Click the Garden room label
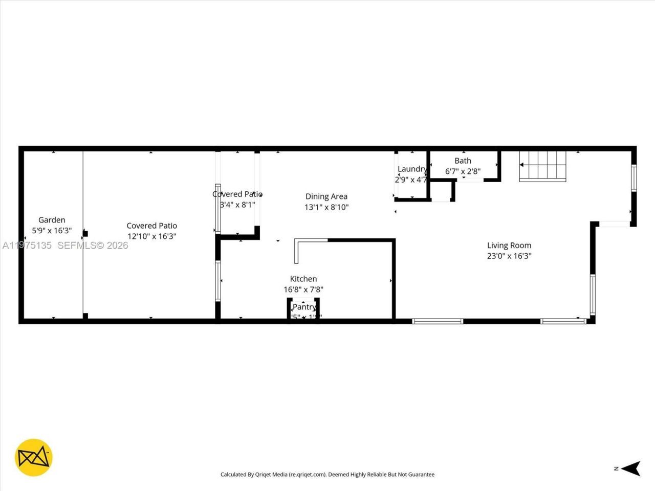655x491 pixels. tap(52, 220)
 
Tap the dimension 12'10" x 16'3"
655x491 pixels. tap(152, 236)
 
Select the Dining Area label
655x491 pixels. tap(326, 196)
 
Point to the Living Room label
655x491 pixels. tap(509, 245)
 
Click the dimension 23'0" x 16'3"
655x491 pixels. tap(509, 256)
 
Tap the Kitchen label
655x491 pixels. tap(303, 279)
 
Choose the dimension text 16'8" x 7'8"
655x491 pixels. tap(303, 289)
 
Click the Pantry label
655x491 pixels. tap(304, 307)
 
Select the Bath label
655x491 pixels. tap(463, 161)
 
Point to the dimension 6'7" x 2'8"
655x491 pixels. tap(463, 171)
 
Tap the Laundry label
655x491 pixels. tap(412, 169)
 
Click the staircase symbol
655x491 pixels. tap(543, 166)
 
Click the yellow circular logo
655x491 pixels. tap(34, 457)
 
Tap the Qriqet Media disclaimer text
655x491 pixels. tap(327, 475)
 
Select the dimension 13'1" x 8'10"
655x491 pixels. tap(326, 207)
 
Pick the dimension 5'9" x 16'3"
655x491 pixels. tap(52, 231)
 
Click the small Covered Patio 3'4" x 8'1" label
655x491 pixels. tap(237, 194)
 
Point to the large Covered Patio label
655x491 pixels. tap(152, 226)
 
